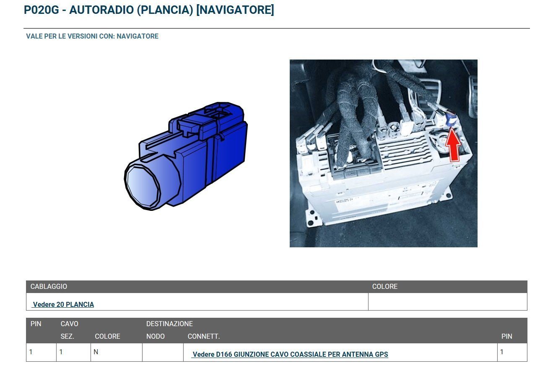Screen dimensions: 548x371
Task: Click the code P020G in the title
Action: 42,10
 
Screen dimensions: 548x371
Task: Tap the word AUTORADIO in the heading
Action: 101,10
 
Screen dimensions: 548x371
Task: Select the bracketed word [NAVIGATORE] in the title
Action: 235,10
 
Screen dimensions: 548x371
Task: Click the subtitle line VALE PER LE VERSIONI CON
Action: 92,36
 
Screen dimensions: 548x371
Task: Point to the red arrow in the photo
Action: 453,145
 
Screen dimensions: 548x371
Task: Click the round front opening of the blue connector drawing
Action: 143,187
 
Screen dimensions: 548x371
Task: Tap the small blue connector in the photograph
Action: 451,118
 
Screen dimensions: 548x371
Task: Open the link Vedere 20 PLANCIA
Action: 63,304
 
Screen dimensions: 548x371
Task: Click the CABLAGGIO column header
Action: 49,286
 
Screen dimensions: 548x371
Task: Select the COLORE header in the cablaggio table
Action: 385,286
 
